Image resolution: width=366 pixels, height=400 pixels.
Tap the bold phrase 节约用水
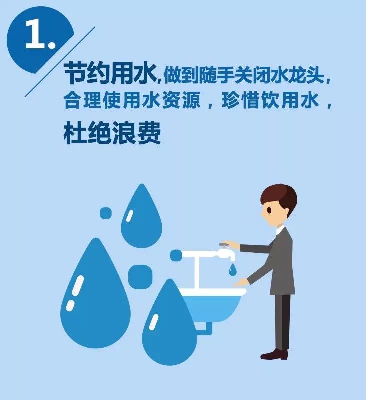pyautogui.click(x=110, y=74)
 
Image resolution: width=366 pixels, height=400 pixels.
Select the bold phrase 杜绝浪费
pyautogui.click(x=112, y=133)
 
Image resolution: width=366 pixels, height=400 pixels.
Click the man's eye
pyautogui.click(x=269, y=210)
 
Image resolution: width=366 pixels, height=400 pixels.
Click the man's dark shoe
pyautogui.click(x=274, y=354)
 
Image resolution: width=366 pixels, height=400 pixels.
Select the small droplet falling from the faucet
pyautogui.click(x=232, y=270)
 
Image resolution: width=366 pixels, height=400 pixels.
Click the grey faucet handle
pyautogui.click(x=224, y=245)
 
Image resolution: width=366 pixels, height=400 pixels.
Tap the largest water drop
pyautogui.click(x=95, y=293)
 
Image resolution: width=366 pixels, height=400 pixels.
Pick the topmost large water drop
pyautogui.click(x=142, y=217)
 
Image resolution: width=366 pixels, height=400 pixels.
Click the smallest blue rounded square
pyautogui.click(x=106, y=213)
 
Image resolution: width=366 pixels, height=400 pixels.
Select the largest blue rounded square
pyautogui.click(x=140, y=277)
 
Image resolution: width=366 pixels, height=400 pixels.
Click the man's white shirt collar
pyautogui.click(x=280, y=230)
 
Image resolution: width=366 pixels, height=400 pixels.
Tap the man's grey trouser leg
pyautogui.click(x=283, y=322)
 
